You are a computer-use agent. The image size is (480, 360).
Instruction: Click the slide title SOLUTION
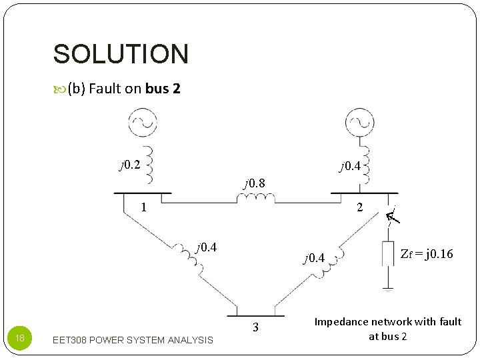click(121, 54)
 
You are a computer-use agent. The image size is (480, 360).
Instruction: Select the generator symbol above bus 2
click(360, 122)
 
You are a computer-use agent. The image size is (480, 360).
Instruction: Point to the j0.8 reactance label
click(254, 183)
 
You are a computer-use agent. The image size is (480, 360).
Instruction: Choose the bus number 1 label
click(144, 207)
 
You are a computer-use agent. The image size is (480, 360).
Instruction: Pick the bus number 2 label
click(359, 207)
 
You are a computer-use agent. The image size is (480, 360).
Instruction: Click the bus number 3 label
click(255, 327)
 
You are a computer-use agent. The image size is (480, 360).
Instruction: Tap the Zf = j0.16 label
click(426, 253)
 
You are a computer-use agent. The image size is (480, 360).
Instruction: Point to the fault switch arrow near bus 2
click(393, 215)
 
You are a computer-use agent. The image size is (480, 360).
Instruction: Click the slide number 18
click(20, 339)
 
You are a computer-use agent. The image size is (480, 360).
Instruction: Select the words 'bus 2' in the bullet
click(163, 89)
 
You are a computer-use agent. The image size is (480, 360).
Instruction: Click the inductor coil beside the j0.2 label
click(151, 165)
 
